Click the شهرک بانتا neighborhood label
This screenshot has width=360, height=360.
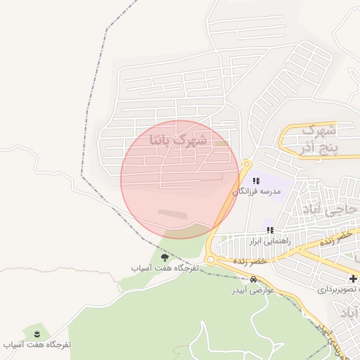point(179,140)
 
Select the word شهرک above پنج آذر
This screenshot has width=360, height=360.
point(320,130)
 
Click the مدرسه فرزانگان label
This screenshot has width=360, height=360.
point(257,191)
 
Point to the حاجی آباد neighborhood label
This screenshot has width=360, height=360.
point(329,209)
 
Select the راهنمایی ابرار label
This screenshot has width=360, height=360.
point(270,240)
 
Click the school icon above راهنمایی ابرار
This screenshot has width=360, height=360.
point(270,230)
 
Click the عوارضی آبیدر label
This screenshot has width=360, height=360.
point(253,290)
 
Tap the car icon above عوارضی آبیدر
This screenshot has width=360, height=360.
point(253,279)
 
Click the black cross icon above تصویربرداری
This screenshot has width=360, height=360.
point(353,278)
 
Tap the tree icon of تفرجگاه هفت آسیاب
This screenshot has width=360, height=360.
point(165,257)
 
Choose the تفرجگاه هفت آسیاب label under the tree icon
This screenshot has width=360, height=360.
point(165,269)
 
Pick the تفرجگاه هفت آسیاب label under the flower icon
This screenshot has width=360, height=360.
point(38,345)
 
